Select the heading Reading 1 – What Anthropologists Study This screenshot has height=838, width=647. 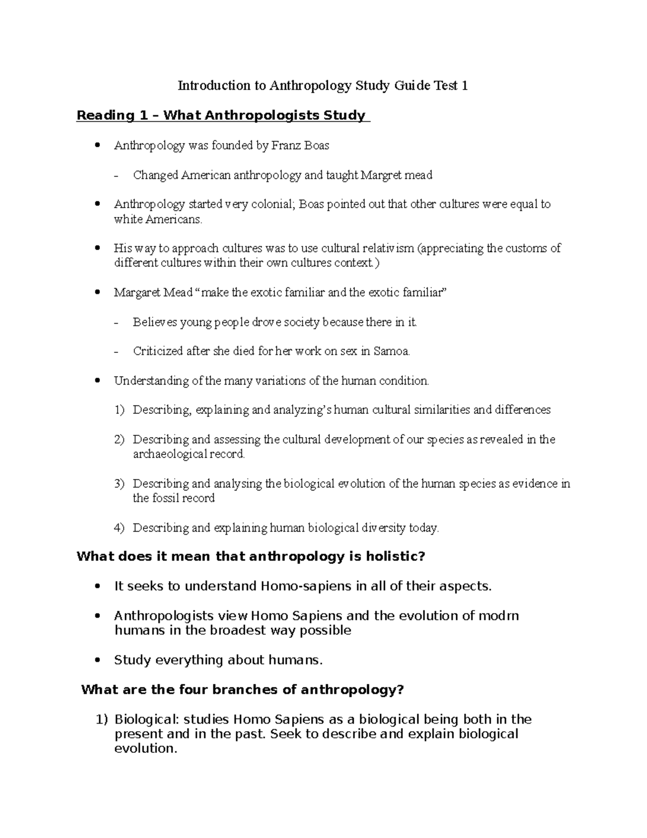(223, 115)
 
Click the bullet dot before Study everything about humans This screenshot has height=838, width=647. (97, 660)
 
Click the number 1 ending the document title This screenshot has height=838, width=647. (464, 85)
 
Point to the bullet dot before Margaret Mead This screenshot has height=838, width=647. (97, 293)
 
